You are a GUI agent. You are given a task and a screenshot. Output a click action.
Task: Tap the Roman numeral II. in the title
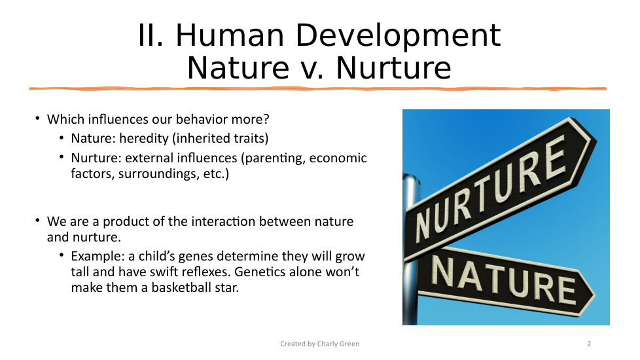pyautogui.click(x=151, y=35)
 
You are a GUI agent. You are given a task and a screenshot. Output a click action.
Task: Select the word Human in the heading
pyautogui.click(x=230, y=35)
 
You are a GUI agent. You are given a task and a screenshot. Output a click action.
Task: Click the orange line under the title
pyautogui.click(x=317, y=88)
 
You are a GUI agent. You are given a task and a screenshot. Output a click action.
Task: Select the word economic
pyautogui.click(x=338, y=158)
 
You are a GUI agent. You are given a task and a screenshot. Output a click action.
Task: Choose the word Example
pyautogui.click(x=98, y=257)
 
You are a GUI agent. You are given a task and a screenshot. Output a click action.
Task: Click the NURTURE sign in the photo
pyautogui.click(x=500, y=189)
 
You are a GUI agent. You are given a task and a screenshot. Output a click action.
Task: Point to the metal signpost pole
pyautogui.click(x=410, y=249)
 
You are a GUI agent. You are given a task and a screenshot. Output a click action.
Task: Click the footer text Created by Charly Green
pyautogui.click(x=319, y=344)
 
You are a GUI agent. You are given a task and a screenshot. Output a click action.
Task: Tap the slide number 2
pyautogui.click(x=589, y=344)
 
